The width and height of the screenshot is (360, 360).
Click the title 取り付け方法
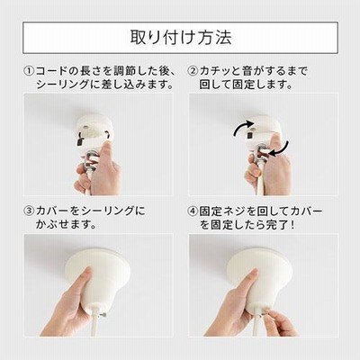click(181, 38)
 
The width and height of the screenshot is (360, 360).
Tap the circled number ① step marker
click(29, 71)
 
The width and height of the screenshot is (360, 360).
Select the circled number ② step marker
click(193, 71)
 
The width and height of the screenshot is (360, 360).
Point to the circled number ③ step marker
click(29, 211)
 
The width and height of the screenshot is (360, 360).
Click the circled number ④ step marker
click(193, 211)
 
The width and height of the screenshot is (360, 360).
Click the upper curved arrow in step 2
click(241, 126)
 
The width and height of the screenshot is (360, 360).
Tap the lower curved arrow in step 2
click(281, 149)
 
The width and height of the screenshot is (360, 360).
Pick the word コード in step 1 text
click(52, 71)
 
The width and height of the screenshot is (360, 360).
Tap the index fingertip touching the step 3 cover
click(87, 271)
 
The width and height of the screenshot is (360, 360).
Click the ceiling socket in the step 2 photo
click(262, 128)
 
